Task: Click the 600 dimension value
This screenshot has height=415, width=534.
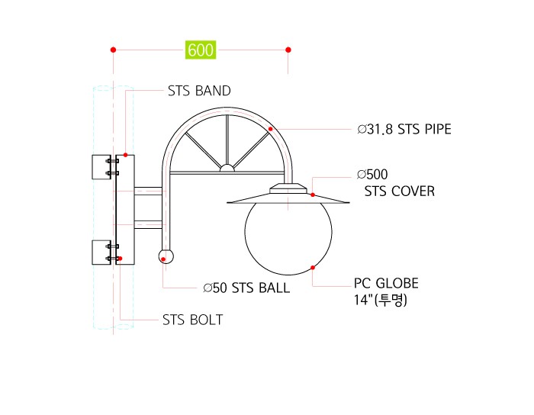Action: point(201,50)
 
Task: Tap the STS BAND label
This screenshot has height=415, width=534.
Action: point(199,91)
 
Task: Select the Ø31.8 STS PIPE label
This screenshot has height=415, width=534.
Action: point(404,130)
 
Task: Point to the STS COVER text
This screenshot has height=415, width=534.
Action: point(400,191)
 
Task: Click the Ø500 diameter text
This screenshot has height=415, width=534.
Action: point(372,174)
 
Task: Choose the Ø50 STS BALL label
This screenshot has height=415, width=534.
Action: point(246,288)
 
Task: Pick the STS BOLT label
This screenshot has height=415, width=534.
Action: point(192,320)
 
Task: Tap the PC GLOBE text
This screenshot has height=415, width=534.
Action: point(386,283)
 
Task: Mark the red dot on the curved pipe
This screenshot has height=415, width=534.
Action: point(270,129)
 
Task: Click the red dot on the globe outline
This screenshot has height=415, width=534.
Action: point(313,268)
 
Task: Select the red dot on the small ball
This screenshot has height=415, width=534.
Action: point(163,259)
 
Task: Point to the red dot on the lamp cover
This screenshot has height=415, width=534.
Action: point(313,195)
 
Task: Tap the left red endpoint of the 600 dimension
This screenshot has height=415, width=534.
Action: point(114,50)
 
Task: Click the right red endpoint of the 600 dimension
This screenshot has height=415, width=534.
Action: point(288,50)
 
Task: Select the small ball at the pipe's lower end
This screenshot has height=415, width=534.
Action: point(166,256)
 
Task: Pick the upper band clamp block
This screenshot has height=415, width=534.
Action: point(101,167)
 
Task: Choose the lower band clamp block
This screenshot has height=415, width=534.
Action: point(101,253)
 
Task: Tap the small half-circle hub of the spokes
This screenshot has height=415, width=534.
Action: point(227,168)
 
